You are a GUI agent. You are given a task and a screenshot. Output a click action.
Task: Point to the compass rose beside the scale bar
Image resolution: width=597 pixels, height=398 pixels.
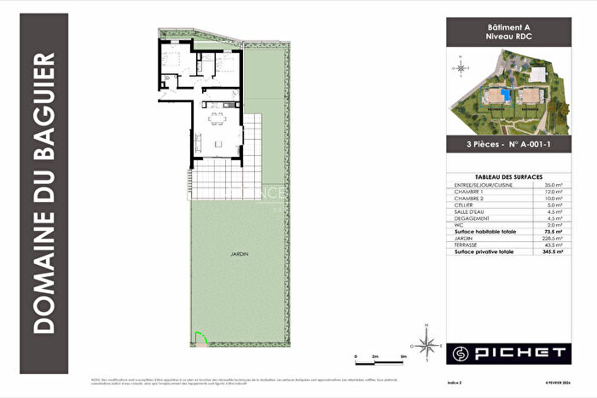430,343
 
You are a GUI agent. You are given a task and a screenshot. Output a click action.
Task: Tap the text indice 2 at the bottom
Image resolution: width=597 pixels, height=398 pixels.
457,385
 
